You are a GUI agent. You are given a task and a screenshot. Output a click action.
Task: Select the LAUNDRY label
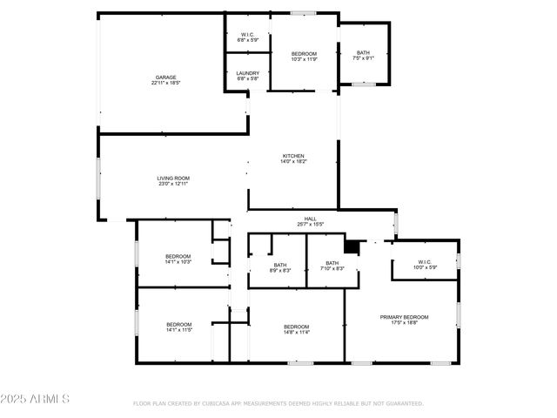pyautogui.click(x=247, y=73)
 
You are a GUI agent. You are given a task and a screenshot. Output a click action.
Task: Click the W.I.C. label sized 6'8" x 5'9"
pyautogui.click(x=247, y=35)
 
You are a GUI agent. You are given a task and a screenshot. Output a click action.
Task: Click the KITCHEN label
pyautogui.click(x=292, y=156)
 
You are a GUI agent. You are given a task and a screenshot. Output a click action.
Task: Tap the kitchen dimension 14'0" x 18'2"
pyautogui.click(x=292, y=162)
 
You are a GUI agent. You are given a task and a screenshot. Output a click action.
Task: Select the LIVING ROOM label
pyautogui.click(x=174, y=178)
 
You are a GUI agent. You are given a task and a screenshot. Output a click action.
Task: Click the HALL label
pyautogui.click(x=310, y=219)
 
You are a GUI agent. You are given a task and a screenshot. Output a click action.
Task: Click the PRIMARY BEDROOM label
pyautogui.click(x=404, y=317)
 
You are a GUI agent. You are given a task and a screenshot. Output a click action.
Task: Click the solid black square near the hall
pyautogui.click(x=352, y=247)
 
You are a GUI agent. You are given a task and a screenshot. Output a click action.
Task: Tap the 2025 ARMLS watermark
pyautogui.click(x=36, y=399)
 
